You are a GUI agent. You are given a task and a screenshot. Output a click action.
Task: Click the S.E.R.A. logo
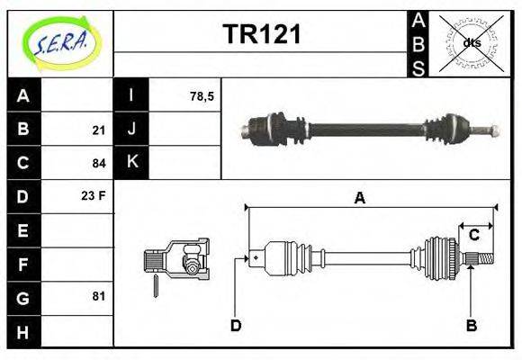pyautogui.click(x=58, y=42)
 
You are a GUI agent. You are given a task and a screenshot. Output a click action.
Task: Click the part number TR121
pyautogui.click(x=261, y=35)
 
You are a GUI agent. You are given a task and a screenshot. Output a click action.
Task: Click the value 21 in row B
pyautogui.click(x=98, y=130)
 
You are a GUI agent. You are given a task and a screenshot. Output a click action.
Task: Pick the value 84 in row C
pyautogui.click(x=98, y=164)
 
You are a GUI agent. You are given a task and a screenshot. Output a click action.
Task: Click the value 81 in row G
pyautogui.click(x=98, y=295)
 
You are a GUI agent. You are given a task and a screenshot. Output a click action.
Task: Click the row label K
pyautogui.click(x=131, y=163)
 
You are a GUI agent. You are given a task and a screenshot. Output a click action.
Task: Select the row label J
pyautogui.click(x=131, y=130)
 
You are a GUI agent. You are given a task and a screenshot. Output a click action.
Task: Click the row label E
pyautogui.click(x=23, y=230)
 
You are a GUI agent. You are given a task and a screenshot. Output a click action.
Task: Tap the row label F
pyautogui.click(x=23, y=264)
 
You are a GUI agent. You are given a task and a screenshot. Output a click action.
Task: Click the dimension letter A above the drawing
pyautogui.click(x=359, y=198)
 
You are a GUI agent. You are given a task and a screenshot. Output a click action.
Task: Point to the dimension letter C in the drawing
pyautogui.click(x=473, y=236)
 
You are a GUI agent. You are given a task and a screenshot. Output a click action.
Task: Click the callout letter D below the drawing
pyautogui.click(x=236, y=325)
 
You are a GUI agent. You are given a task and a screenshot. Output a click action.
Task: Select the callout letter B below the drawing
pyautogui.click(x=471, y=325)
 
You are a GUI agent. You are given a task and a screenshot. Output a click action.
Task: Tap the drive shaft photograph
pyautogui.click(x=369, y=128)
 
